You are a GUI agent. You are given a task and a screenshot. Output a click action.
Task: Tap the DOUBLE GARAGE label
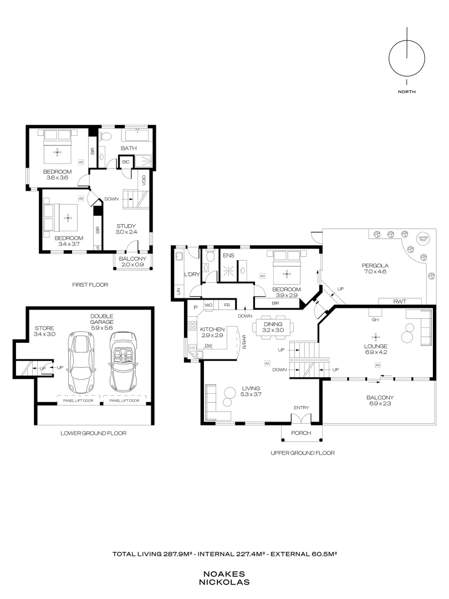[103, 319]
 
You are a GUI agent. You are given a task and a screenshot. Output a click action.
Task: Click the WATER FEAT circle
[424, 238]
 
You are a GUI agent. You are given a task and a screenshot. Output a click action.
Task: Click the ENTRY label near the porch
[301, 408]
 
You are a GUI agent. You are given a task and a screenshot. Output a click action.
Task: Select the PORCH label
[301, 433]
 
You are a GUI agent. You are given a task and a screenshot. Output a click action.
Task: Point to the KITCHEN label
[212, 329]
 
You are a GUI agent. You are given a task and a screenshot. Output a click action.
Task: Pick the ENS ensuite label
[228, 256]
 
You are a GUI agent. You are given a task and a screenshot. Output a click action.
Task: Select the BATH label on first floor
[129, 148]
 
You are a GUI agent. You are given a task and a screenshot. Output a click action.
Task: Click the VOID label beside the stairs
[144, 180]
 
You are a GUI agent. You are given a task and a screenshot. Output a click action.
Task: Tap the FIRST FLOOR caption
[90, 285]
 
